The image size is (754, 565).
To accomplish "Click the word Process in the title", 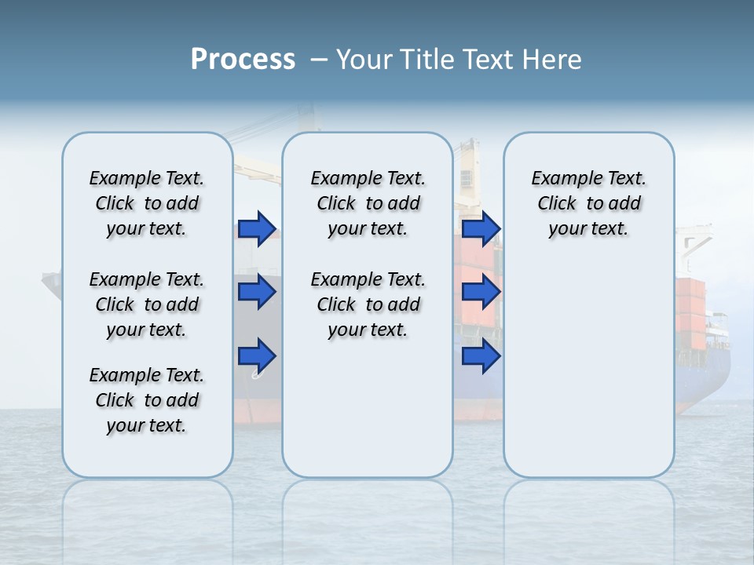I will tap(243, 60).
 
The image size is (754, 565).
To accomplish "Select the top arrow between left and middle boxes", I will tap(257, 229).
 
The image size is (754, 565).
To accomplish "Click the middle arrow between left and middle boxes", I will tap(257, 292).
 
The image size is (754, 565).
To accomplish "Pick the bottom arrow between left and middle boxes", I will tap(257, 355).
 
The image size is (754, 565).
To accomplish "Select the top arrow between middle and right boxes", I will tap(481, 229).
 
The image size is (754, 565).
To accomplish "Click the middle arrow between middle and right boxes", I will tap(481, 292).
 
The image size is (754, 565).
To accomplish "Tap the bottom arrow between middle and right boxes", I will tap(481, 355).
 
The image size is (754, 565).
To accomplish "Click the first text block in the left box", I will tap(146, 203).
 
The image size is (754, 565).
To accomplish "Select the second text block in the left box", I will tap(146, 304).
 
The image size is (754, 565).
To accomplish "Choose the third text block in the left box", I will tap(146, 400).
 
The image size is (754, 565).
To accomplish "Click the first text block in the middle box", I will tap(368, 203).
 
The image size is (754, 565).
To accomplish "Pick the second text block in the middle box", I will tap(368, 304).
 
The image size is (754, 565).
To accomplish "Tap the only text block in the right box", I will tap(588, 203).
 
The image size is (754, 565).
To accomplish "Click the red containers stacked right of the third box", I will tap(691, 306).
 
